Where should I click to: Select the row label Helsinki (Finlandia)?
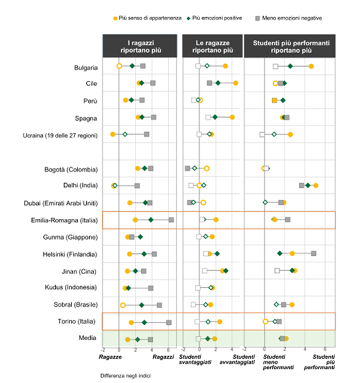[x=73, y=254]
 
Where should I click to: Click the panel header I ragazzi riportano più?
[x=140, y=46]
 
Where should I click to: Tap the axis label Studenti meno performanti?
[x=275, y=364]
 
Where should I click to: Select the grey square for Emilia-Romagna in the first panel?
[x=172, y=220]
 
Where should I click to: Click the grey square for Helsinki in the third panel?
[x=314, y=254]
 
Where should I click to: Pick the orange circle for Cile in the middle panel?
[x=236, y=83]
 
